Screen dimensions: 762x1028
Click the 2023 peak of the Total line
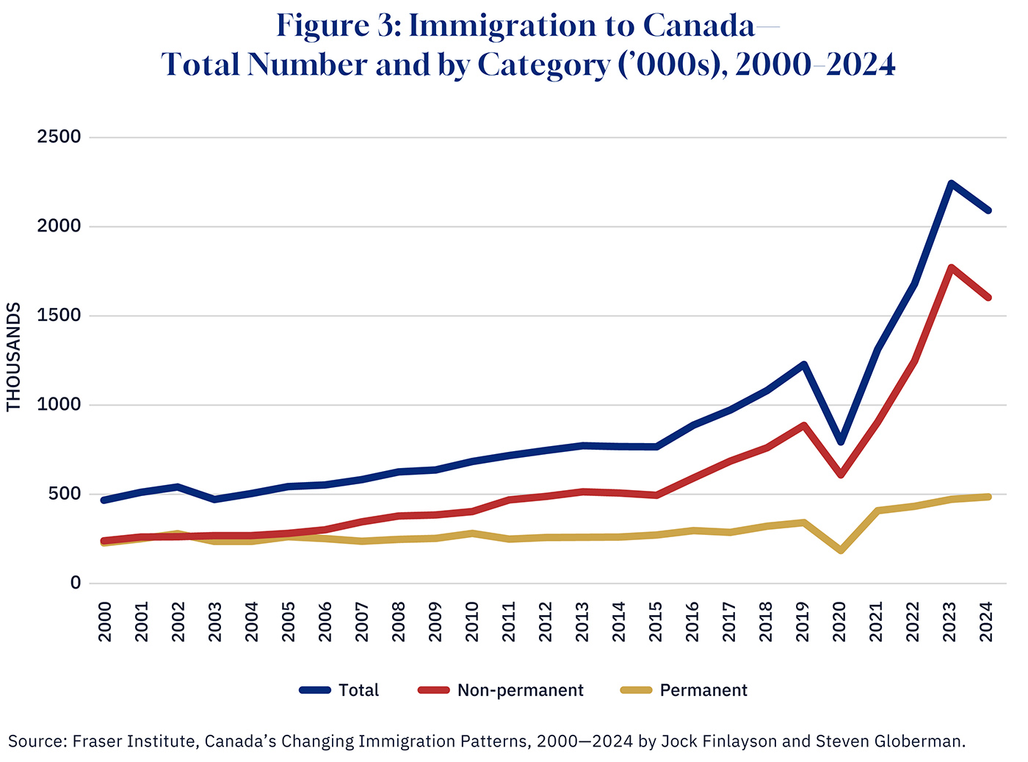[951, 183]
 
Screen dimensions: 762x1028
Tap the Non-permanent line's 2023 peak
[951, 268]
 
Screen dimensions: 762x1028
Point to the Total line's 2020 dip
[841, 442]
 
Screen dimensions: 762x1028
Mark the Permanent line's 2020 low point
[841, 550]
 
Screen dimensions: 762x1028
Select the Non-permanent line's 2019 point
[804, 425]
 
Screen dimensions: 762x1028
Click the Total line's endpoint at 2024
[988, 210]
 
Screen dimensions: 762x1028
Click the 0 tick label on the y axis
[75, 583]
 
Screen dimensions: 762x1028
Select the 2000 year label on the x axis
[105, 622]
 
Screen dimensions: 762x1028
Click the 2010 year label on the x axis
[472, 622]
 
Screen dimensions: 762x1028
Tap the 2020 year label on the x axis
[840, 622]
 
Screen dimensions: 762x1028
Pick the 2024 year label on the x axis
[987, 622]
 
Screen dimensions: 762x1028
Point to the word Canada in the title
[698, 26]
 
